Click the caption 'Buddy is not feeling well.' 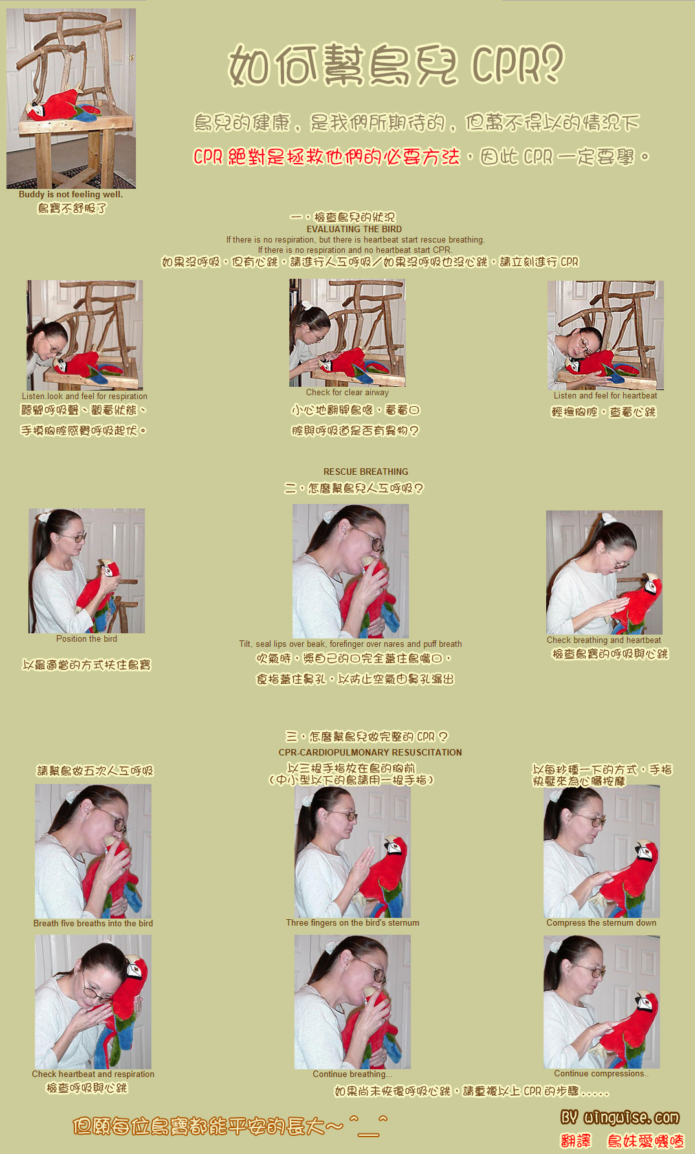(71, 194)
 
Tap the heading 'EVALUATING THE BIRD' (354, 229)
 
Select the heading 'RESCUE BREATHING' (366, 472)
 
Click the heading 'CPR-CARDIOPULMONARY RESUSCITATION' (370, 752)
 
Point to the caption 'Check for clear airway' (347, 392)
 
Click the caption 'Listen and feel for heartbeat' (605, 395)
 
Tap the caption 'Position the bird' (87, 638)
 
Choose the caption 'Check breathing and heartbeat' (604, 640)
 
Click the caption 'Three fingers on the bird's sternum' (353, 922)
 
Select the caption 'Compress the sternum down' (601, 922)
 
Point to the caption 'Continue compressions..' (601, 1073)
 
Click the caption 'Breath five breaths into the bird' (93, 923)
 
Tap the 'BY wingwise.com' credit (620, 1117)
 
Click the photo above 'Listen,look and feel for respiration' (85, 335)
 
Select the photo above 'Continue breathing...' (353, 1002)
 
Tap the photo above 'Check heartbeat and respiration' (93, 1002)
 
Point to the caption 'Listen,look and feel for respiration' (85, 396)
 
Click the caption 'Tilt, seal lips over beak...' (350, 644)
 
